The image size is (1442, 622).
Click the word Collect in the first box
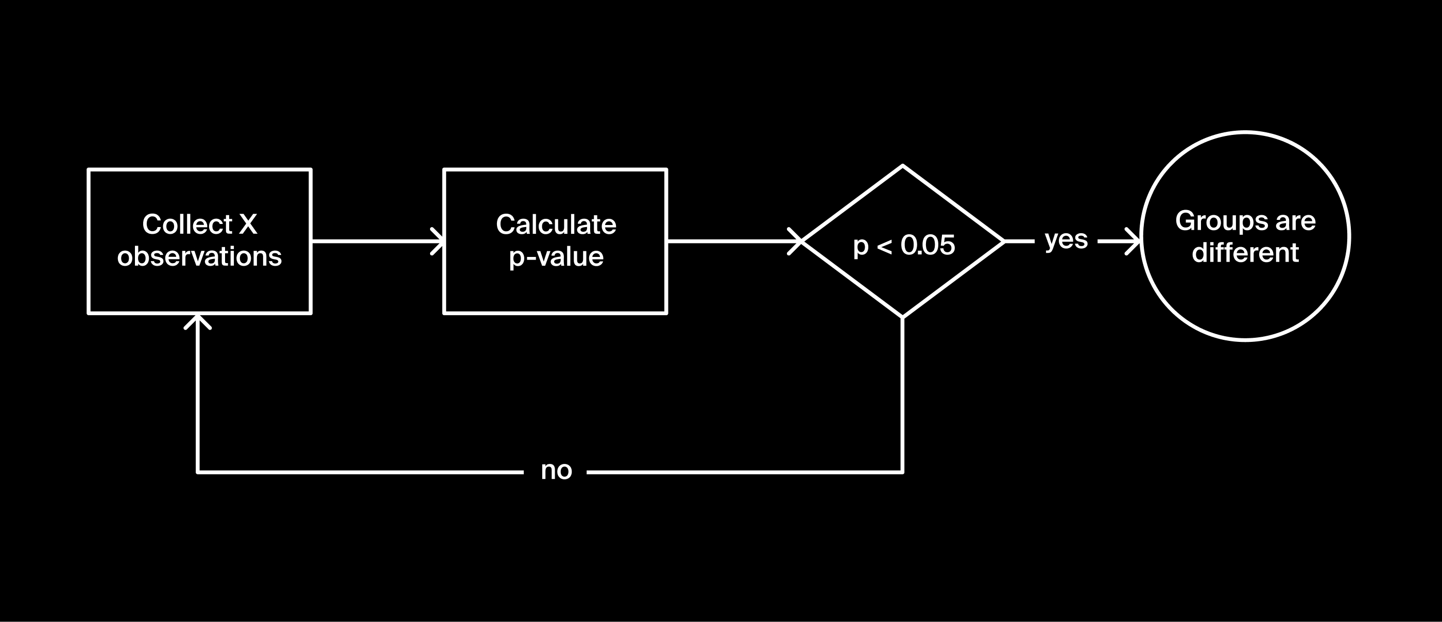coord(186,224)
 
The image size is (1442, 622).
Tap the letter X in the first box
coord(248,224)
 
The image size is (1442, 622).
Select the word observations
coord(199,256)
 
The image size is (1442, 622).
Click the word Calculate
coord(556,224)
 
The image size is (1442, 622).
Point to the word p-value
coord(556,257)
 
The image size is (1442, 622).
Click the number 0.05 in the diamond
coord(928,245)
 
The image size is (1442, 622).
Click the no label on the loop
coord(556,471)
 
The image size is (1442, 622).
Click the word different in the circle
coord(1245,253)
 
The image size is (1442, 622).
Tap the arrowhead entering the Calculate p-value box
coord(440,241)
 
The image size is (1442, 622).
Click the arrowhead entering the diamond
coord(798,241)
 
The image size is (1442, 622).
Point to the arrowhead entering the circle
coord(1137,241)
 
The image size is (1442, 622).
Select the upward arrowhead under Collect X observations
coord(198,320)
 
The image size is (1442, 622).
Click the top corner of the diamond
coord(902,166)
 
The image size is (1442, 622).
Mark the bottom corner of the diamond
coord(902,317)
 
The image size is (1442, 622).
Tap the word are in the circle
coord(1295,221)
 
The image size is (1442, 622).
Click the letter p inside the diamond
coord(861,246)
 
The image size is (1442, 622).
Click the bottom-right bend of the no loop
coord(902,472)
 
